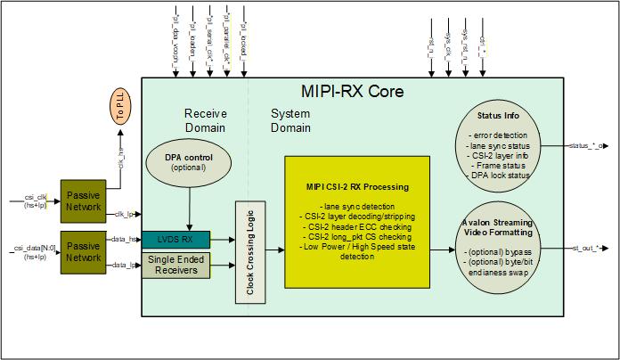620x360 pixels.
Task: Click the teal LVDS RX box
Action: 176,239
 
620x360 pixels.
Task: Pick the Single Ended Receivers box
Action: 176,264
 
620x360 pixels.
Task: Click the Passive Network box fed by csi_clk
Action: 83,202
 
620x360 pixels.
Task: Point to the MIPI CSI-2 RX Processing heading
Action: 356,187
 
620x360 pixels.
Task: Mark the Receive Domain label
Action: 205,121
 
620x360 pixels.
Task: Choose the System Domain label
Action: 290,121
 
